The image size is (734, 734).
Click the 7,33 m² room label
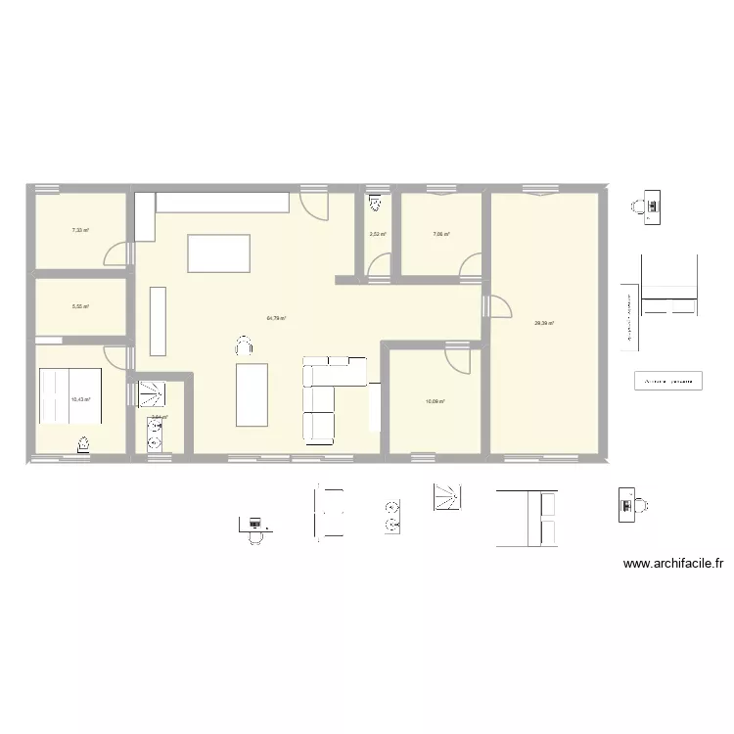pyautogui.click(x=79, y=231)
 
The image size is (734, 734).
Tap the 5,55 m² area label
pyautogui.click(x=79, y=306)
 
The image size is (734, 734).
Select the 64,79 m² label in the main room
pyautogui.click(x=276, y=318)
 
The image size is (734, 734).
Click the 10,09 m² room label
pyautogui.click(x=435, y=401)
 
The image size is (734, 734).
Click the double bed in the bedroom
pyautogui.click(x=69, y=394)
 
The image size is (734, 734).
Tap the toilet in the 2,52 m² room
pyautogui.click(x=375, y=205)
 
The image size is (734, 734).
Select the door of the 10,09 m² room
pyautogui.click(x=455, y=358)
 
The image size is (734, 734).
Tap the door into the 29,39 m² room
pyautogui.click(x=498, y=304)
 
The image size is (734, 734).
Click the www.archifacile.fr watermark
pyautogui.click(x=672, y=564)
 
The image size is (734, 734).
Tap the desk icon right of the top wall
pyautogui.click(x=645, y=206)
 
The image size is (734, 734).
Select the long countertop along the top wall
pyautogui.click(x=222, y=203)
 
